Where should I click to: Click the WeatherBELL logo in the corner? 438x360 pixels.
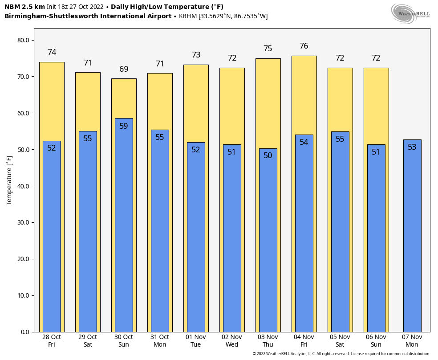(410, 13)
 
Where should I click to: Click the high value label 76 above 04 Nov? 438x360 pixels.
(304, 46)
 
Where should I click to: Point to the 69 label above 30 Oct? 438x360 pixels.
(124, 69)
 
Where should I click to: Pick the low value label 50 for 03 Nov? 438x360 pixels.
(268, 155)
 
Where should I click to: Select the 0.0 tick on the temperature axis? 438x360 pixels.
(25, 332)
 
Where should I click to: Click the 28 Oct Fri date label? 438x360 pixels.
(52, 341)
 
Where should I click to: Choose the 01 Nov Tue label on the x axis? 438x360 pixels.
(196, 341)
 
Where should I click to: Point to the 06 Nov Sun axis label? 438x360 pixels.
(376, 341)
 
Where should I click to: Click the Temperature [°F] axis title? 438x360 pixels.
(9, 180)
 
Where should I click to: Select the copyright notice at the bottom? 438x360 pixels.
(341, 354)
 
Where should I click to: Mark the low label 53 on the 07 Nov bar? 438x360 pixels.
(412, 147)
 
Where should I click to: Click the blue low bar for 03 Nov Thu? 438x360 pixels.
(268, 245)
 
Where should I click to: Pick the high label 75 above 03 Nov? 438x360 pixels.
(268, 49)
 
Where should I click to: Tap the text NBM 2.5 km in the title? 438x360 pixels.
(24, 7)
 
